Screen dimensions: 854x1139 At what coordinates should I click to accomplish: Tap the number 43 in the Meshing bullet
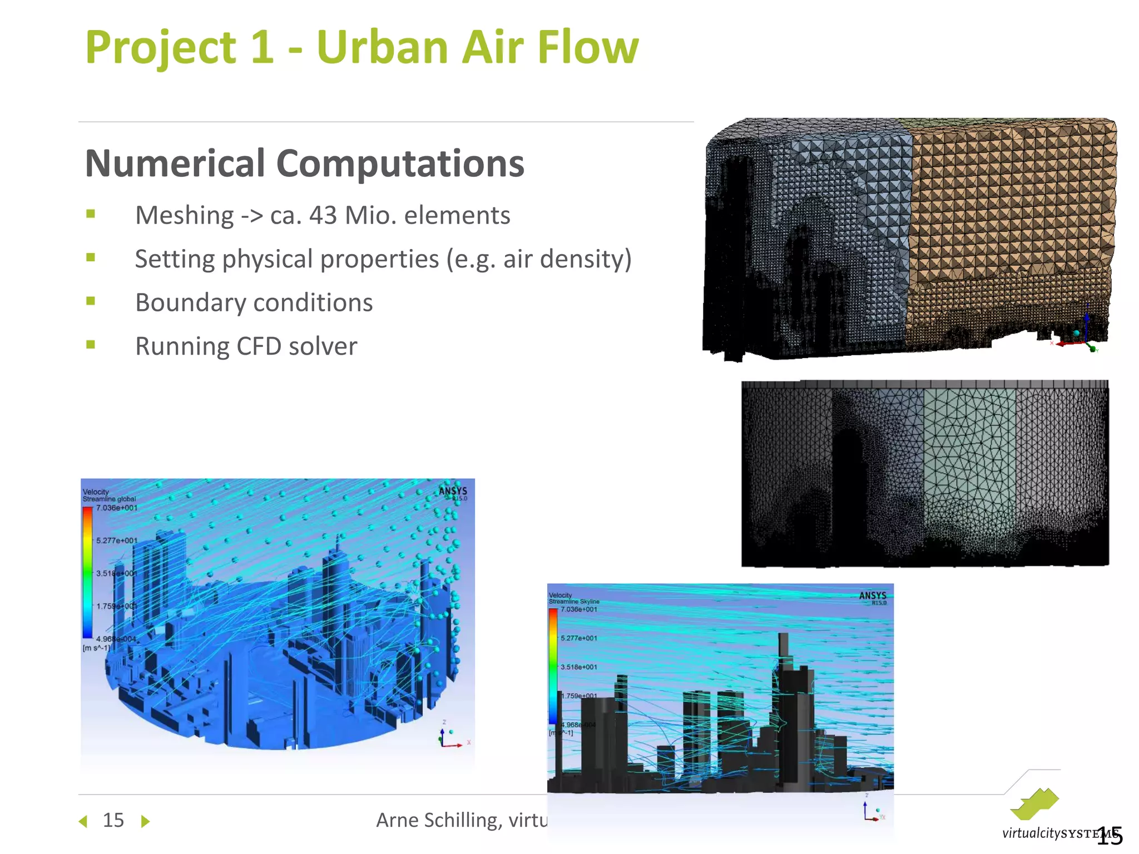pyautogui.click(x=323, y=216)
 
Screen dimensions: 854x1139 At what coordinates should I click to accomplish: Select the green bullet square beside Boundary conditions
pyautogui.click(x=91, y=301)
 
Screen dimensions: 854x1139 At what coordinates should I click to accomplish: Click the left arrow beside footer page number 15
pyautogui.click(x=83, y=821)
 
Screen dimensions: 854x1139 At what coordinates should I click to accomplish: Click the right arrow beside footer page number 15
pyautogui.click(x=145, y=821)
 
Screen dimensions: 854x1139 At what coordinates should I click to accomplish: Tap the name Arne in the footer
pyautogui.click(x=397, y=820)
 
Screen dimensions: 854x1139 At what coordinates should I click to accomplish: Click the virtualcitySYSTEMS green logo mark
pyautogui.click(x=1034, y=804)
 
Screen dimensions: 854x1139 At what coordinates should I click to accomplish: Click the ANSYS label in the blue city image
pyautogui.click(x=453, y=491)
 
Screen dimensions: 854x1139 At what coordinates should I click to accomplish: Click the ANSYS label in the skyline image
pyautogui.click(x=872, y=596)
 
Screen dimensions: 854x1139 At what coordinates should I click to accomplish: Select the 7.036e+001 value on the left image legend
pyautogui.click(x=116, y=508)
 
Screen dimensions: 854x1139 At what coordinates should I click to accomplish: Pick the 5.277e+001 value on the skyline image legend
pyautogui.click(x=578, y=638)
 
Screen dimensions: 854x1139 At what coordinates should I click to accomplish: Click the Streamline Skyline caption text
pyautogui.click(x=574, y=602)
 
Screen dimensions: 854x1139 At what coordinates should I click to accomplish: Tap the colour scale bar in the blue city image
pyautogui.click(x=87, y=573)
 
